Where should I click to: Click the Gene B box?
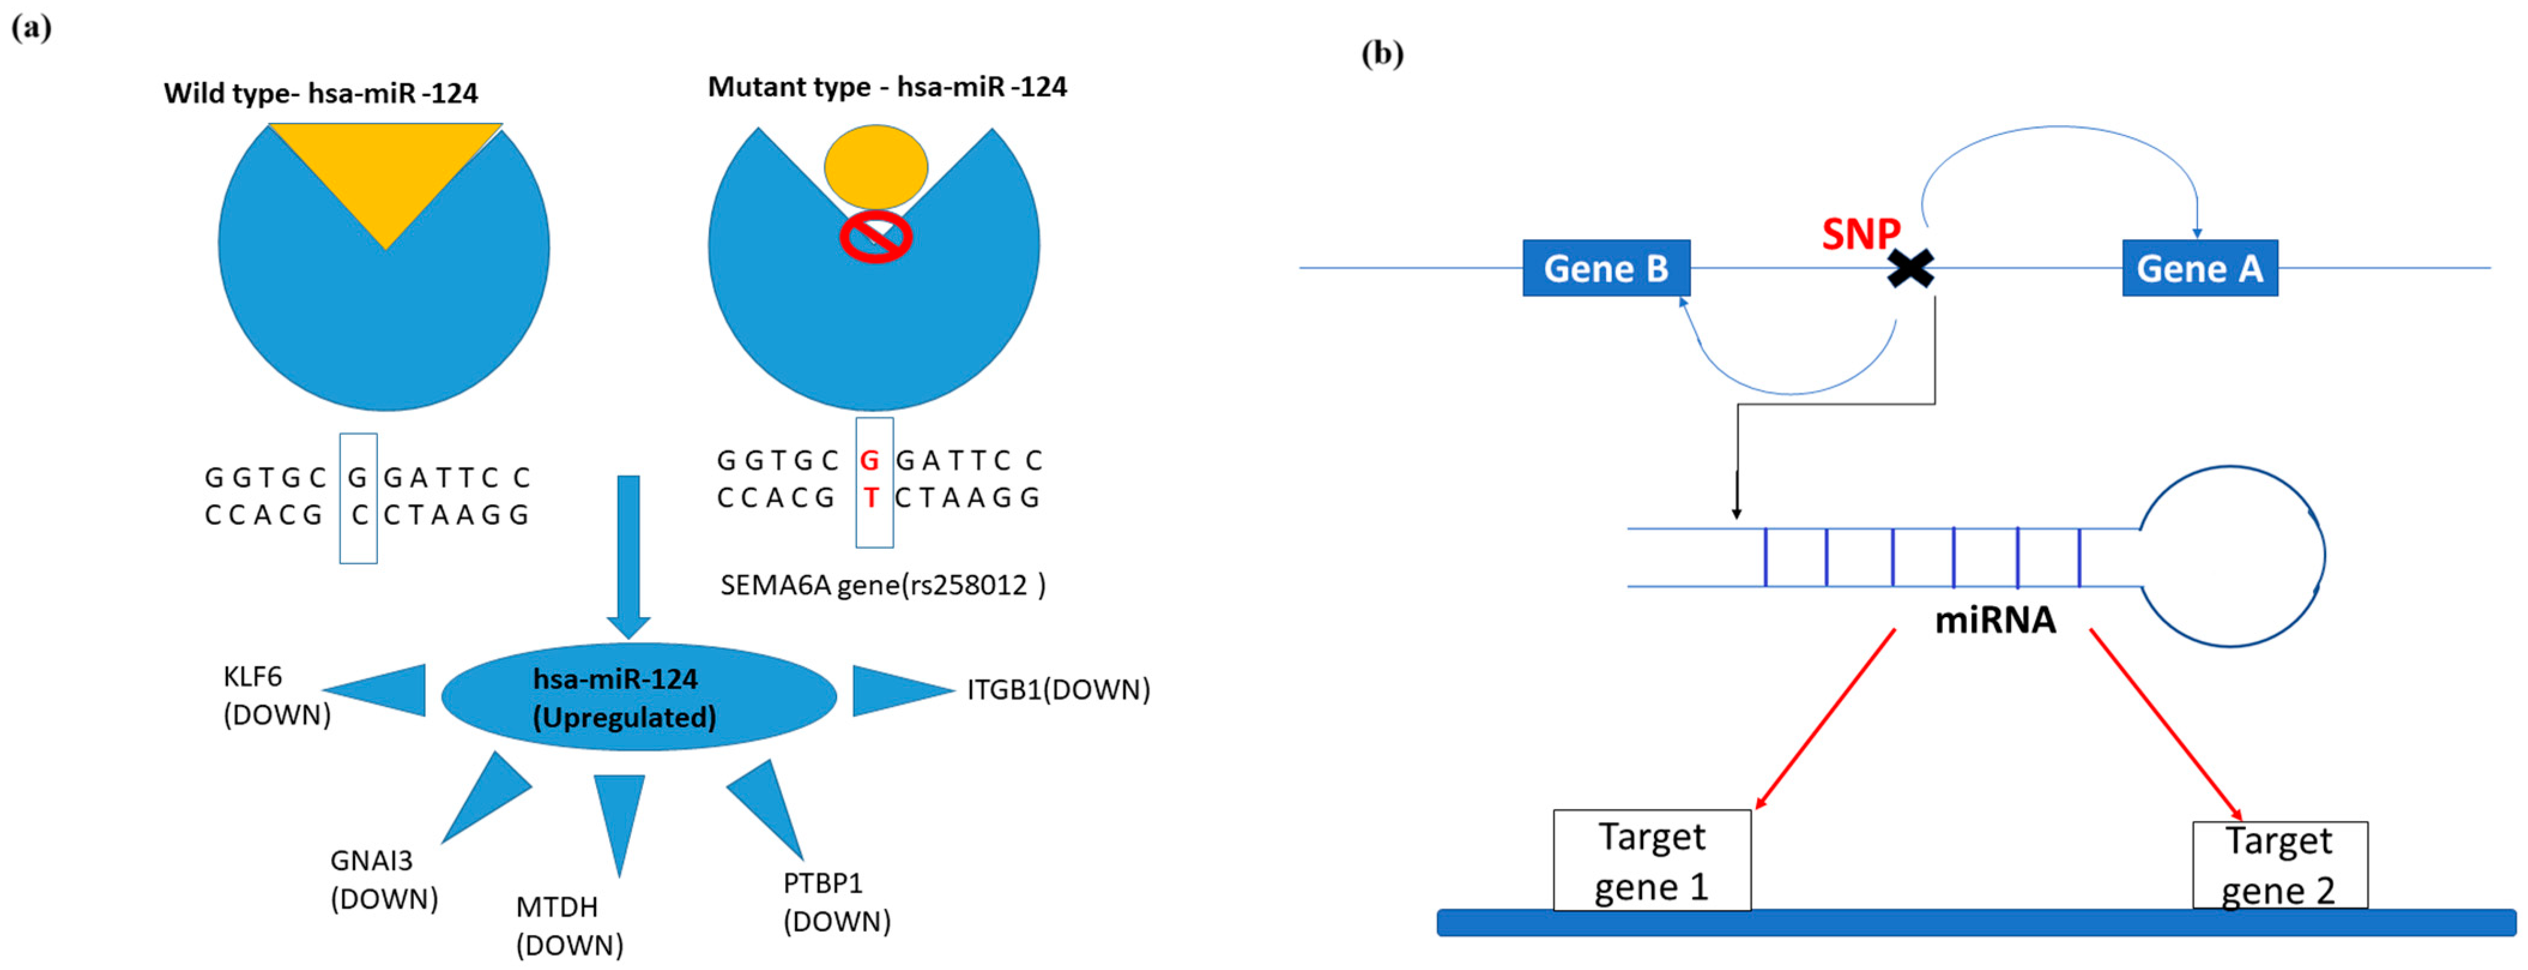[x=1605, y=268]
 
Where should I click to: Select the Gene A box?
[x=2199, y=268]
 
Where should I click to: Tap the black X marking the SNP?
[x=1910, y=268]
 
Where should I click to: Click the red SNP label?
[x=1859, y=234]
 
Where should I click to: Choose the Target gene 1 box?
[x=1652, y=860]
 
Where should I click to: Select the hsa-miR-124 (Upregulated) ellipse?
[x=638, y=697]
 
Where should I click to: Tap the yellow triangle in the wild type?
[x=386, y=167]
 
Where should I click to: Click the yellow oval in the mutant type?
[x=875, y=167]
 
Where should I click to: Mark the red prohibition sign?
[x=875, y=237]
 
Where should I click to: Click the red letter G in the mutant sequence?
[x=869, y=461]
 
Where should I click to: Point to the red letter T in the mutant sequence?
[x=870, y=498]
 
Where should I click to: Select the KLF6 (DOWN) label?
[x=276, y=695]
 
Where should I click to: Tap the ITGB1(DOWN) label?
[x=1058, y=689]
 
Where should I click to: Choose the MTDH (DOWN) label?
[x=569, y=925]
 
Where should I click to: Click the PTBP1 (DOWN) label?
[x=836, y=901]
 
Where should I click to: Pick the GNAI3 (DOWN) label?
[x=384, y=879]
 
